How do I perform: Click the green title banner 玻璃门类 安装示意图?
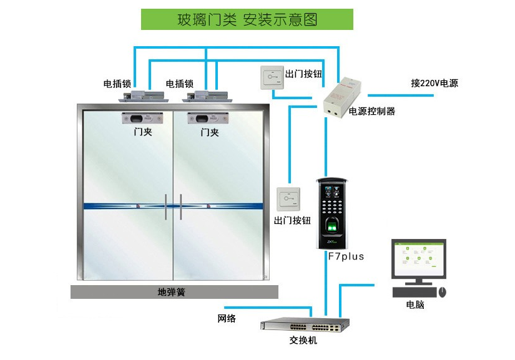[247, 19]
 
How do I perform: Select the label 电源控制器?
[372, 112]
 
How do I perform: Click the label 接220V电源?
[434, 83]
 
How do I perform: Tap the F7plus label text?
[346, 256]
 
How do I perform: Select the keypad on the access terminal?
[331, 203]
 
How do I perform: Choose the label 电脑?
[414, 305]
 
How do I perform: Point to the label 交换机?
[303, 341]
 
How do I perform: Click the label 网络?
[227, 319]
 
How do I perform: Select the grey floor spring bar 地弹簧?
[174, 291]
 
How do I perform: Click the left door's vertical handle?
[167, 207]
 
